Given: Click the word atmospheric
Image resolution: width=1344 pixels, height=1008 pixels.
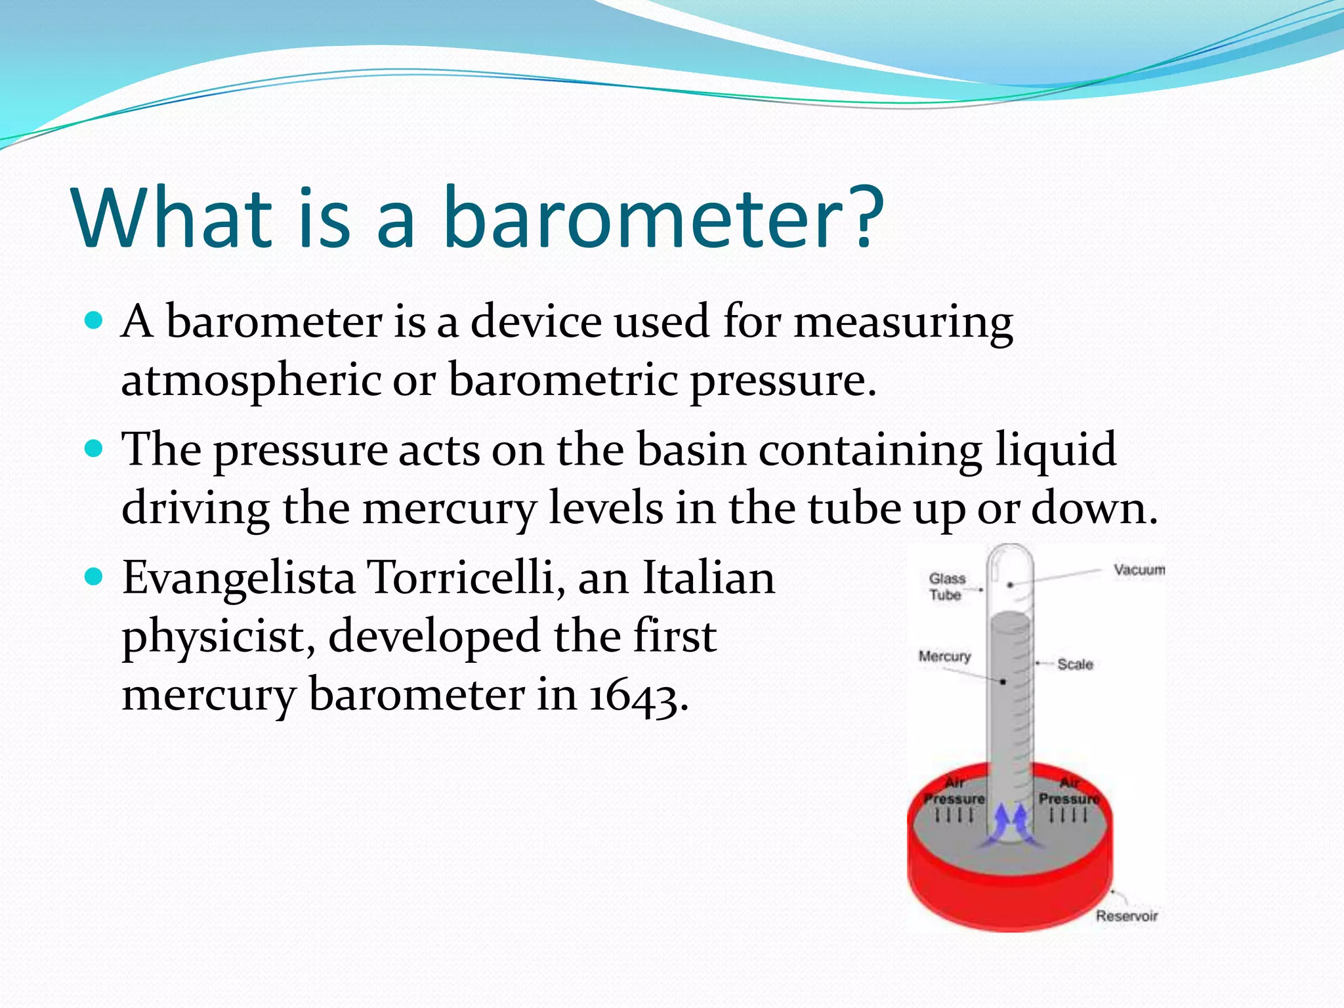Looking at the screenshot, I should (251, 381).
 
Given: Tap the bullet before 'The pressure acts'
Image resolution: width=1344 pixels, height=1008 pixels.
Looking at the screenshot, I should (94, 449).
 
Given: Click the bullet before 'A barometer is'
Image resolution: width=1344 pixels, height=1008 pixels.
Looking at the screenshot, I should (94, 321).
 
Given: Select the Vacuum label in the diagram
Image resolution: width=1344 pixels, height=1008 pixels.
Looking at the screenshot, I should (1139, 570).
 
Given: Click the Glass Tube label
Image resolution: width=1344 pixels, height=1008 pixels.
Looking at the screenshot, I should (946, 586).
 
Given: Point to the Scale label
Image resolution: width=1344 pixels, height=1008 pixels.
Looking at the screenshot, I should (1075, 664).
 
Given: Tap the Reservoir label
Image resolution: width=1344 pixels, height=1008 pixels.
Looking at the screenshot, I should (1126, 915).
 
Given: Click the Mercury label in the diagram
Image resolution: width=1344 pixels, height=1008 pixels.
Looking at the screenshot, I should (944, 656).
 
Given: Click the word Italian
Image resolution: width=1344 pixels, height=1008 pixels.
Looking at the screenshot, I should (709, 577).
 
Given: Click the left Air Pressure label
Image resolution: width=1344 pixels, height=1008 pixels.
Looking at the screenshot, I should (954, 791).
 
